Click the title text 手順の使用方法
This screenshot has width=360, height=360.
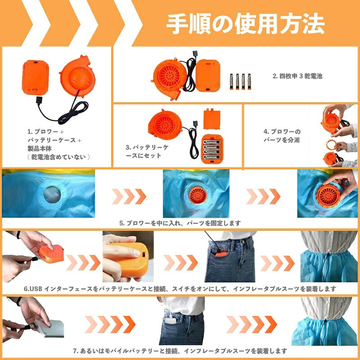click(x=245, y=24)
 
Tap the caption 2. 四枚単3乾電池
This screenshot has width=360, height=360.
click(x=297, y=76)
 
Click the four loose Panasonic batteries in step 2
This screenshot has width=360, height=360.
click(x=240, y=81)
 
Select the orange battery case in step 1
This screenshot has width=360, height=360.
click(x=36, y=77)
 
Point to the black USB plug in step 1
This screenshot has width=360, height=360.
click(x=39, y=101)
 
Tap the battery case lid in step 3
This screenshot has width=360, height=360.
click(x=211, y=119)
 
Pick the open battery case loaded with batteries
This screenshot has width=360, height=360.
click(x=212, y=149)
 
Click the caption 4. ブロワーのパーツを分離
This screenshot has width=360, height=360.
click(x=282, y=135)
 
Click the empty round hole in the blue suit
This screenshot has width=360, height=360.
click(x=52, y=195)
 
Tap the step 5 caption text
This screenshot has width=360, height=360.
click(x=180, y=223)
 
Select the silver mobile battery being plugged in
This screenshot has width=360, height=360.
click(x=49, y=328)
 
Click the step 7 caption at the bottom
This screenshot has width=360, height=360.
click(x=180, y=351)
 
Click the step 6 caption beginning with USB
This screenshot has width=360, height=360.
click(x=180, y=288)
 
